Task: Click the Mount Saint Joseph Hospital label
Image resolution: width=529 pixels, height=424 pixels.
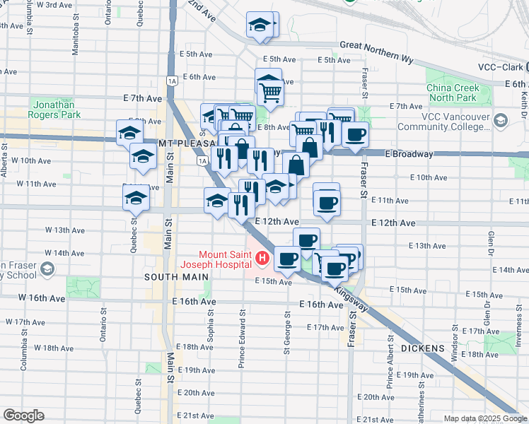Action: tap(226, 259)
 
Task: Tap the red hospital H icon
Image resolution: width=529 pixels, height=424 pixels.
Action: tap(262, 259)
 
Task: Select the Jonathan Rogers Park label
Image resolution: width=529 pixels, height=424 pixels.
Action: tap(55, 109)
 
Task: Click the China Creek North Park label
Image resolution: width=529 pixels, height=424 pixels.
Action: tap(453, 93)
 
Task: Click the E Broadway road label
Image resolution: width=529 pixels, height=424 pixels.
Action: tap(409, 154)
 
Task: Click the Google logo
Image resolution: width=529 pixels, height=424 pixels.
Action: tap(23, 416)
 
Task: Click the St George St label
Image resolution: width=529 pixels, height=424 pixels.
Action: tap(287, 332)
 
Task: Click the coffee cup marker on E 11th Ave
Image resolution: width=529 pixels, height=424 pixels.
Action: tap(326, 203)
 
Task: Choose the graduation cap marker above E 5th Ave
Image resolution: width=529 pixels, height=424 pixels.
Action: tap(260, 25)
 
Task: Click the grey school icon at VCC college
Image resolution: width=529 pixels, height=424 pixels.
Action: tap(501, 121)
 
